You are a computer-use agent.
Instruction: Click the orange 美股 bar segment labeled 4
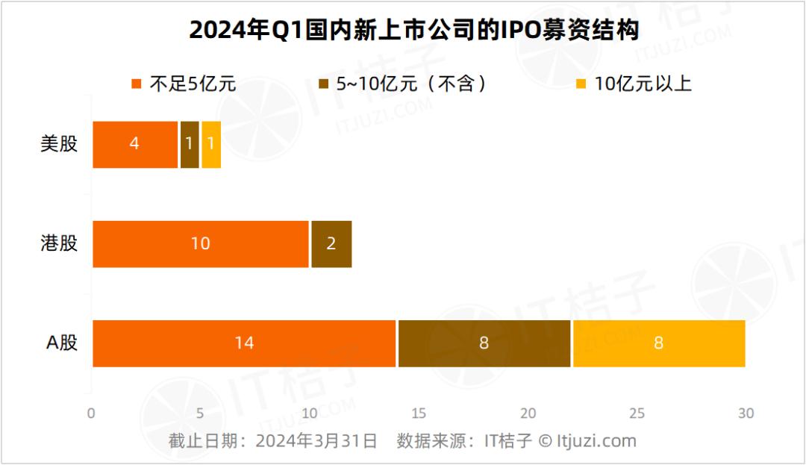pyautogui.click(x=135, y=144)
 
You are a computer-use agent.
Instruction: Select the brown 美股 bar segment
pyautogui.click(x=190, y=144)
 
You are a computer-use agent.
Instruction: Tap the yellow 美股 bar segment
pyautogui.click(x=211, y=144)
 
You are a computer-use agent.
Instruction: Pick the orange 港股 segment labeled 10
pyautogui.click(x=201, y=244)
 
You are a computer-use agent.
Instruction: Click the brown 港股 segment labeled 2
pyautogui.click(x=331, y=244)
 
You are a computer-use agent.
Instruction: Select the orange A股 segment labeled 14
pyautogui.click(x=244, y=343)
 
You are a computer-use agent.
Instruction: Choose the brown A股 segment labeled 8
pyautogui.click(x=484, y=343)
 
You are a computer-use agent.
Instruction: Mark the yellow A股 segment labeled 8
pyautogui.click(x=659, y=343)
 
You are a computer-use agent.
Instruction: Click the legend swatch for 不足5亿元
pyautogui.click(x=137, y=84)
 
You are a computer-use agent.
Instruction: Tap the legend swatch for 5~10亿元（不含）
pyautogui.click(x=323, y=84)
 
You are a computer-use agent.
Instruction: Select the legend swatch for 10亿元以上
pyautogui.click(x=581, y=84)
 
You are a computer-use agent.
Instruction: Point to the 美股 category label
pyautogui.click(x=59, y=143)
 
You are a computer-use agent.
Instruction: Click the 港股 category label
pyautogui.click(x=59, y=243)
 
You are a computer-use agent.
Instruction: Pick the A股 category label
pyautogui.click(x=62, y=342)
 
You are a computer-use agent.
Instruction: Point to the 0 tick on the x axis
pyautogui.click(x=91, y=413)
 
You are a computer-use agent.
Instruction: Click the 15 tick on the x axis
pyautogui.click(x=419, y=413)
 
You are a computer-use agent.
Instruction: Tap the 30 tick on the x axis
pyautogui.click(x=746, y=413)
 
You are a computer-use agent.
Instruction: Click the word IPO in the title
pyautogui.click(x=520, y=30)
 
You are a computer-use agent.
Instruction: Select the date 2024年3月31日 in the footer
pyautogui.click(x=316, y=441)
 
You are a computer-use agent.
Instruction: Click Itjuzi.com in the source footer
pyautogui.click(x=596, y=441)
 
